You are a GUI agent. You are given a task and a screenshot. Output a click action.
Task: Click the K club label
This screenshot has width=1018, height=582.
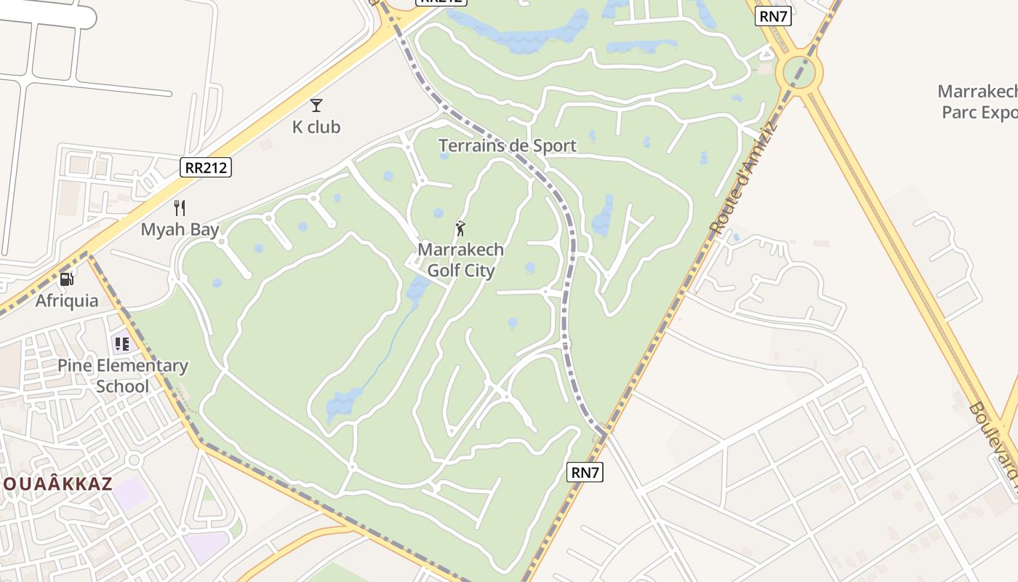click(x=316, y=127)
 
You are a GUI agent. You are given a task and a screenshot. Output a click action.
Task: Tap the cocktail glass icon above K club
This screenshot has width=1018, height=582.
click(x=316, y=105)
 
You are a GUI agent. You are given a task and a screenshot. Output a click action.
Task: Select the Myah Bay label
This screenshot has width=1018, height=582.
click(x=180, y=229)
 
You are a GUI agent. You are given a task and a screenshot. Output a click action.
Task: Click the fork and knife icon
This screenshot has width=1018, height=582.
click(x=180, y=208)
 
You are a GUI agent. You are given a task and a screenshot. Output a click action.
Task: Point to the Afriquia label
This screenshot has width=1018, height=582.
click(x=67, y=300)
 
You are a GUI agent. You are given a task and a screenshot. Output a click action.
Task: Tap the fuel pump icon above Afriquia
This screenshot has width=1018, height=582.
click(x=66, y=279)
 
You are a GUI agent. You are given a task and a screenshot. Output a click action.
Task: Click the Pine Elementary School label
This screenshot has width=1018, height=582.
click(x=123, y=375)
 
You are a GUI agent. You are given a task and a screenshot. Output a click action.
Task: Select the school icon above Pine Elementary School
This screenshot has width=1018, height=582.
click(x=121, y=343)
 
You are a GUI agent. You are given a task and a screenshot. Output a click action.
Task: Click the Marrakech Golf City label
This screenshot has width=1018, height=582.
click(x=460, y=260)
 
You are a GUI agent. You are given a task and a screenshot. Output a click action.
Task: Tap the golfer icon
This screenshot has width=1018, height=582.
click(x=460, y=229)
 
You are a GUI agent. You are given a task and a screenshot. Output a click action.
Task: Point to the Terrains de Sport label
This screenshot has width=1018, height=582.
click(x=508, y=145)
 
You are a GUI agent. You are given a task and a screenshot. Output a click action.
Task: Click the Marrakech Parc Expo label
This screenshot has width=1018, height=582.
click(x=979, y=102)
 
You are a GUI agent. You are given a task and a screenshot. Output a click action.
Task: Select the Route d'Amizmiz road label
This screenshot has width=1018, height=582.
click(x=744, y=178)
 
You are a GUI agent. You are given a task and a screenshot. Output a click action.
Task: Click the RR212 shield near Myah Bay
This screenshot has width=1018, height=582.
click(x=206, y=167)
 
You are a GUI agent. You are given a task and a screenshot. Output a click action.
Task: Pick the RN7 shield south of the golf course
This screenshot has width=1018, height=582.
click(x=585, y=472)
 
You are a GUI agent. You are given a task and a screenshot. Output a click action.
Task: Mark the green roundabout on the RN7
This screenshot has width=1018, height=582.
click(x=799, y=71)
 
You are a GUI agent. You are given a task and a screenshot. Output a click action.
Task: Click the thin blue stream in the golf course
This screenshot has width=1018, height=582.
click(x=389, y=349)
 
